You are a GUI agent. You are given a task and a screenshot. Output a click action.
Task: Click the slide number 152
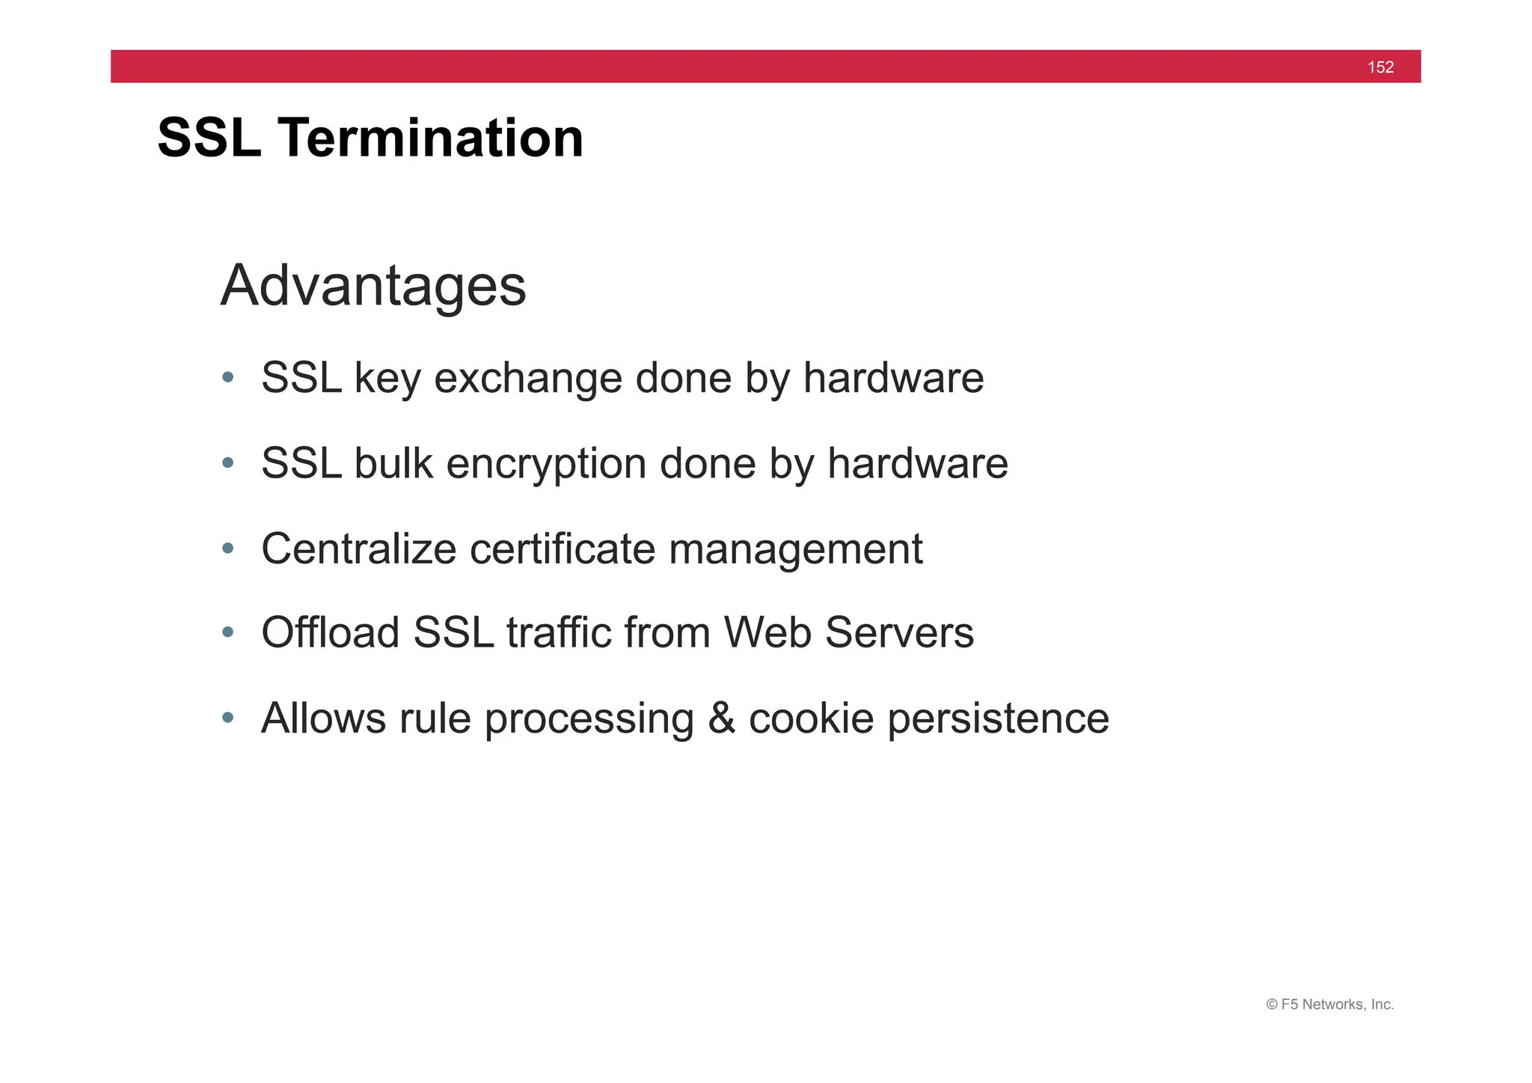coord(1380,67)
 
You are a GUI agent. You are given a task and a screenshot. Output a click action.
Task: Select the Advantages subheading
coord(373,286)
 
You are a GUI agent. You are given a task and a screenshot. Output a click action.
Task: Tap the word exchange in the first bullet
coord(527,378)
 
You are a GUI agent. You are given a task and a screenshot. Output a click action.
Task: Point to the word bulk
coord(393,463)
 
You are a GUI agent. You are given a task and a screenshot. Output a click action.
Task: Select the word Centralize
coord(358,549)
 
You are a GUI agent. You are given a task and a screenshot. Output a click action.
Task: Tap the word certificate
coord(562,549)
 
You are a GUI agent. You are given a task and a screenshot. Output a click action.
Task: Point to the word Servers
coord(899,632)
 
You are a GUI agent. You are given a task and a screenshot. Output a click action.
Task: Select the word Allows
coord(323,718)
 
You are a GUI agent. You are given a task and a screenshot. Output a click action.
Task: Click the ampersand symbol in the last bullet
coord(721,718)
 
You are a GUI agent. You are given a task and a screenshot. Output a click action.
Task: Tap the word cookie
coord(811,718)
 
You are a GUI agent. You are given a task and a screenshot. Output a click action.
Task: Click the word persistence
coord(998,719)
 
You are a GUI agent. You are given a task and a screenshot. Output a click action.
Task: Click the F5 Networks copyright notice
coord(1329,1004)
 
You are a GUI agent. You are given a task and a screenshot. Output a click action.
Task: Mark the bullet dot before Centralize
coord(228,549)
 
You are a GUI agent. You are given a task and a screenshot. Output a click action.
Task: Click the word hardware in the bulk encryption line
coord(917,463)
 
